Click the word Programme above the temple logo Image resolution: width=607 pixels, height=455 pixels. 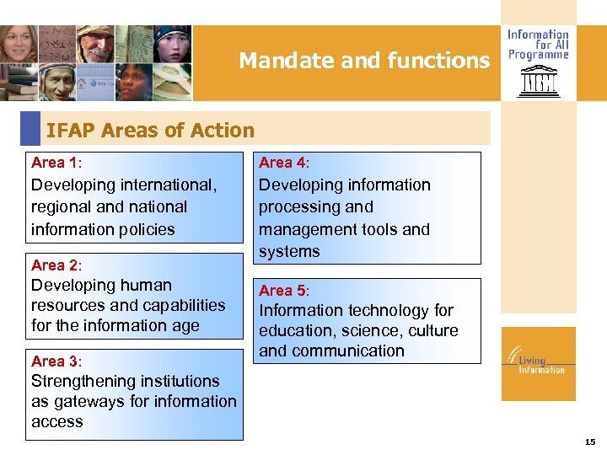click(538, 55)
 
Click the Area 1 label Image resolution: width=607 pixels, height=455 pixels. click(56, 163)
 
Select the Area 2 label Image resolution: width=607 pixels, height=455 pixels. click(56, 265)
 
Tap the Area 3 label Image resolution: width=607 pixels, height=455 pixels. click(56, 361)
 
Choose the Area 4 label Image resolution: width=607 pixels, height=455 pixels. click(283, 163)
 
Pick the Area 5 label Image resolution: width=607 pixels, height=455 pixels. click(283, 291)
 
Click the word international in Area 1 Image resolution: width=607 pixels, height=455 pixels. click(165, 185)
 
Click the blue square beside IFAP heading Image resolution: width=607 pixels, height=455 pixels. click(30, 129)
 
